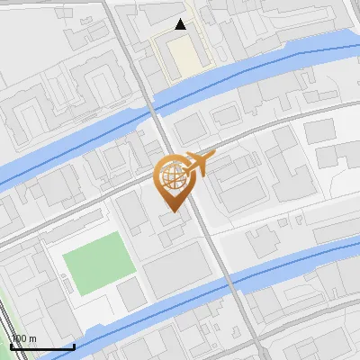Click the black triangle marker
[181, 24]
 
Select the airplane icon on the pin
[197, 164]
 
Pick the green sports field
[96, 264]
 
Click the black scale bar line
[41, 347]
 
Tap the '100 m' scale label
[24, 339]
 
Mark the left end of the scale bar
[11, 347]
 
